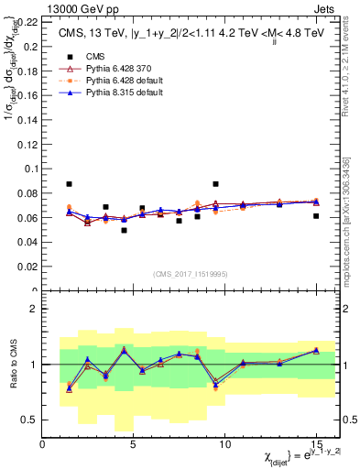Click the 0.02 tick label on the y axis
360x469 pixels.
point(27,267)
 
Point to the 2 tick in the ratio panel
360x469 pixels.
point(35,309)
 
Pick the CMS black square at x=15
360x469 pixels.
point(316,216)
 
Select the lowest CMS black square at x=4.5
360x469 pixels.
point(124,230)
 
